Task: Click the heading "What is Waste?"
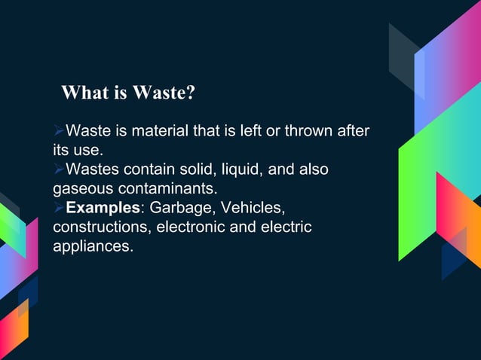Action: pyautogui.click(x=128, y=93)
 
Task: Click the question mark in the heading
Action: pyautogui.click(x=191, y=93)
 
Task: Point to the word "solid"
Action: pyautogui.click(x=185, y=169)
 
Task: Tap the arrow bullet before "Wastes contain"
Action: pyautogui.click(x=59, y=169)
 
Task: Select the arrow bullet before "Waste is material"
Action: pyautogui.click(x=59, y=132)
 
